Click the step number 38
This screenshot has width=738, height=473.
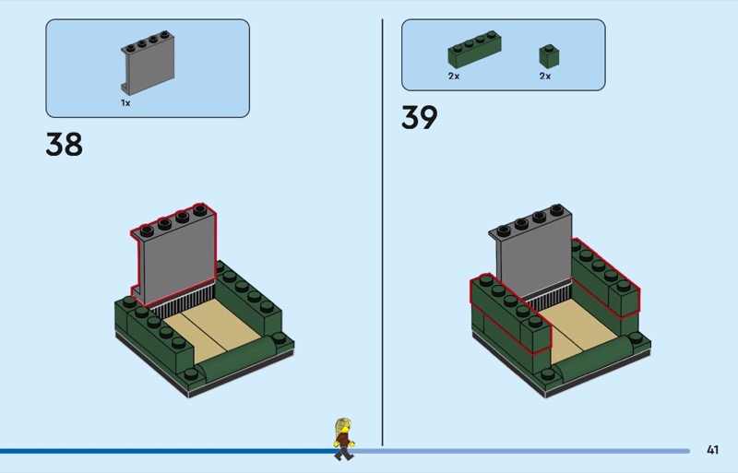click(64, 146)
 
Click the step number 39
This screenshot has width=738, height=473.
click(419, 118)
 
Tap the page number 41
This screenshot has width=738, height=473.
click(711, 450)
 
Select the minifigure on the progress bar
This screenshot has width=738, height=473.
click(344, 438)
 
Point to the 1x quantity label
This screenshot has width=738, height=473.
click(125, 103)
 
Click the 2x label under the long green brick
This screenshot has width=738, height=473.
click(454, 77)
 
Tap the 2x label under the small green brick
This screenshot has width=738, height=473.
click(545, 77)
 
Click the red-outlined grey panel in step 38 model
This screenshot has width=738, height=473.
click(174, 258)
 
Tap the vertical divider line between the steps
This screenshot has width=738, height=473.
click(382, 231)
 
